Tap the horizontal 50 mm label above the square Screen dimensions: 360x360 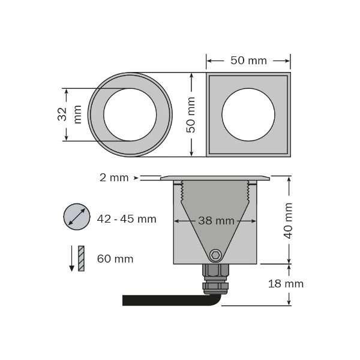tap(248, 61)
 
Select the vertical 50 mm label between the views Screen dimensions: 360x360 tap(191, 115)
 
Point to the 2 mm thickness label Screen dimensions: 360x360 tap(115, 178)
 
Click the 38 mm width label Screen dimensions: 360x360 tap(216, 221)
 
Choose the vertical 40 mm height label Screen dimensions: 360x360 tap(289, 220)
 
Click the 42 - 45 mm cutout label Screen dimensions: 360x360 tap(127, 219)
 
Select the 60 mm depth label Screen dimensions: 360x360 tap(115, 259)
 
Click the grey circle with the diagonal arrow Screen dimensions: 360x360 tap(76, 216)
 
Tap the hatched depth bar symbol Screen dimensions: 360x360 tap(81, 259)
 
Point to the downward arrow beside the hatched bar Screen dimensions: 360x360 tap(72, 259)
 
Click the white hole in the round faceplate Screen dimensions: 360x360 tap(130, 115)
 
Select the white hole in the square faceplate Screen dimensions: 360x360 tap(248, 115)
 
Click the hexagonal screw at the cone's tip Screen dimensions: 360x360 tap(215, 255)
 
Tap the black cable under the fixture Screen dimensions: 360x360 tap(162, 300)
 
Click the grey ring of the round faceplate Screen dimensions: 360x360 tap(96, 115)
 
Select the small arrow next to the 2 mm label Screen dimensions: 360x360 tap(136, 178)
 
